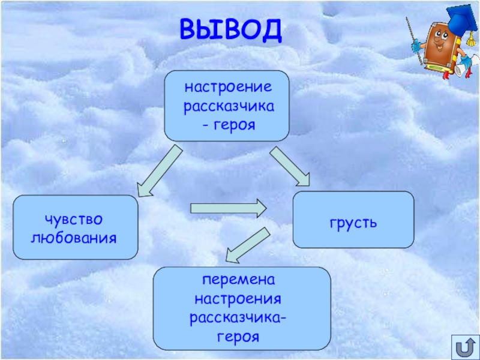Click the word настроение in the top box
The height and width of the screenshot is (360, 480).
(x=228, y=88)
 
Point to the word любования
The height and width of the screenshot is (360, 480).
(x=73, y=238)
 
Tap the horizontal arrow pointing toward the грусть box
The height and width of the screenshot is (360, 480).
(x=228, y=209)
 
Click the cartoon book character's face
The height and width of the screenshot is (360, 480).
(x=437, y=45)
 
